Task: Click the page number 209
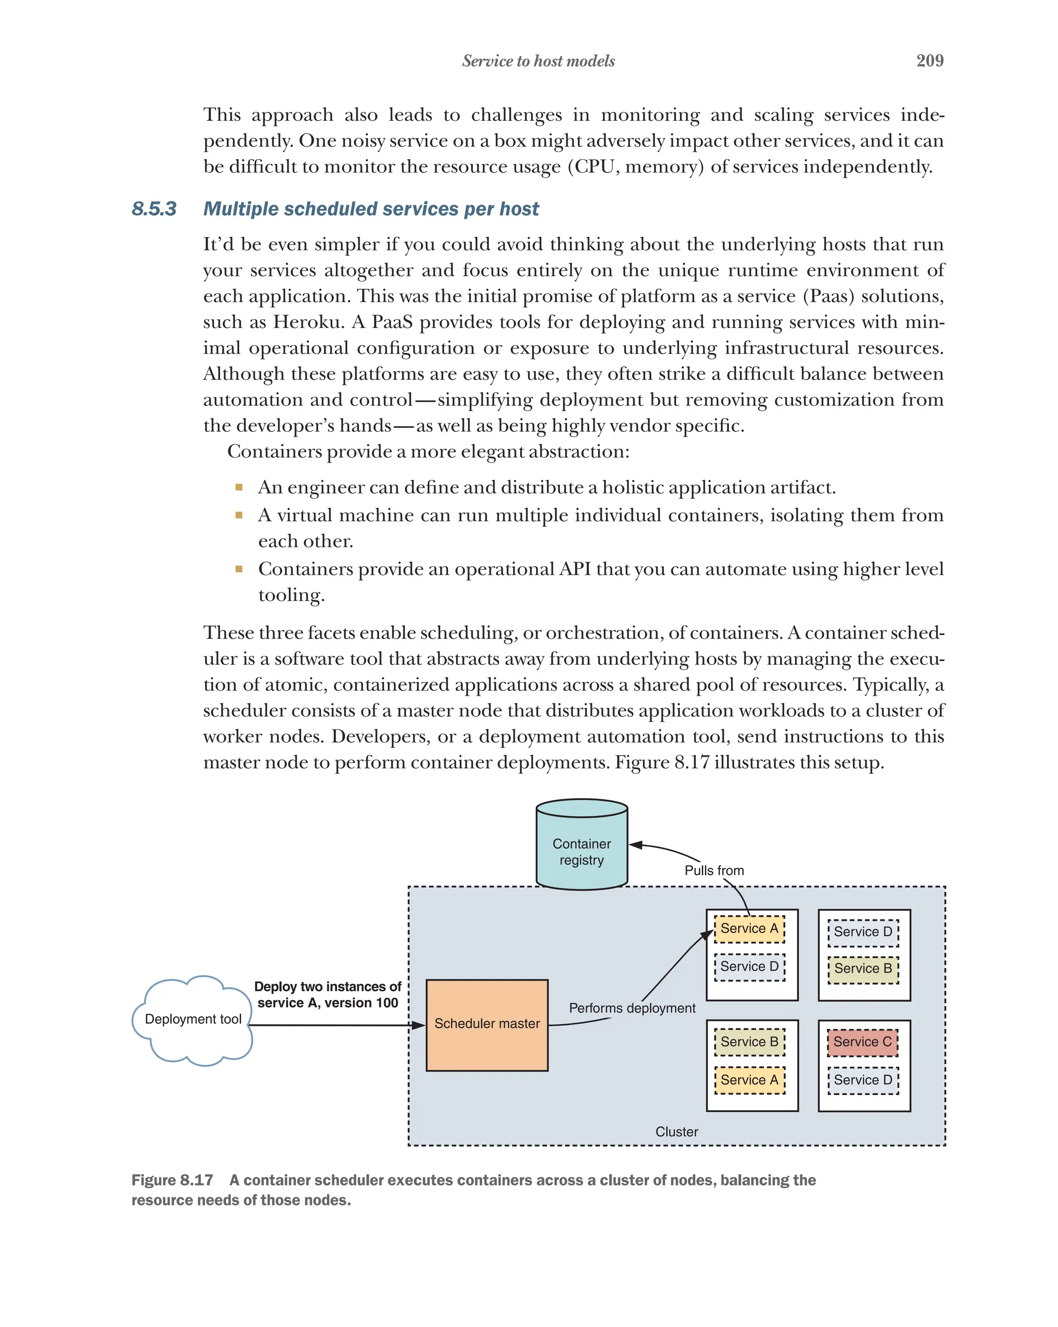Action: click(929, 60)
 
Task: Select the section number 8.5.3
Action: click(154, 209)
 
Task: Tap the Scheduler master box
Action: click(486, 1025)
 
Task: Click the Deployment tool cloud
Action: click(192, 1019)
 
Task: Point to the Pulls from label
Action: click(713, 870)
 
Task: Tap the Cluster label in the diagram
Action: click(676, 1131)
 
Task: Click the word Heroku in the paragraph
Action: click(306, 322)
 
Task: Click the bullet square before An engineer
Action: click(239, 488)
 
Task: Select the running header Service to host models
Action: click(538, 61)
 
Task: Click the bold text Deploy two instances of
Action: click(327, 987)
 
